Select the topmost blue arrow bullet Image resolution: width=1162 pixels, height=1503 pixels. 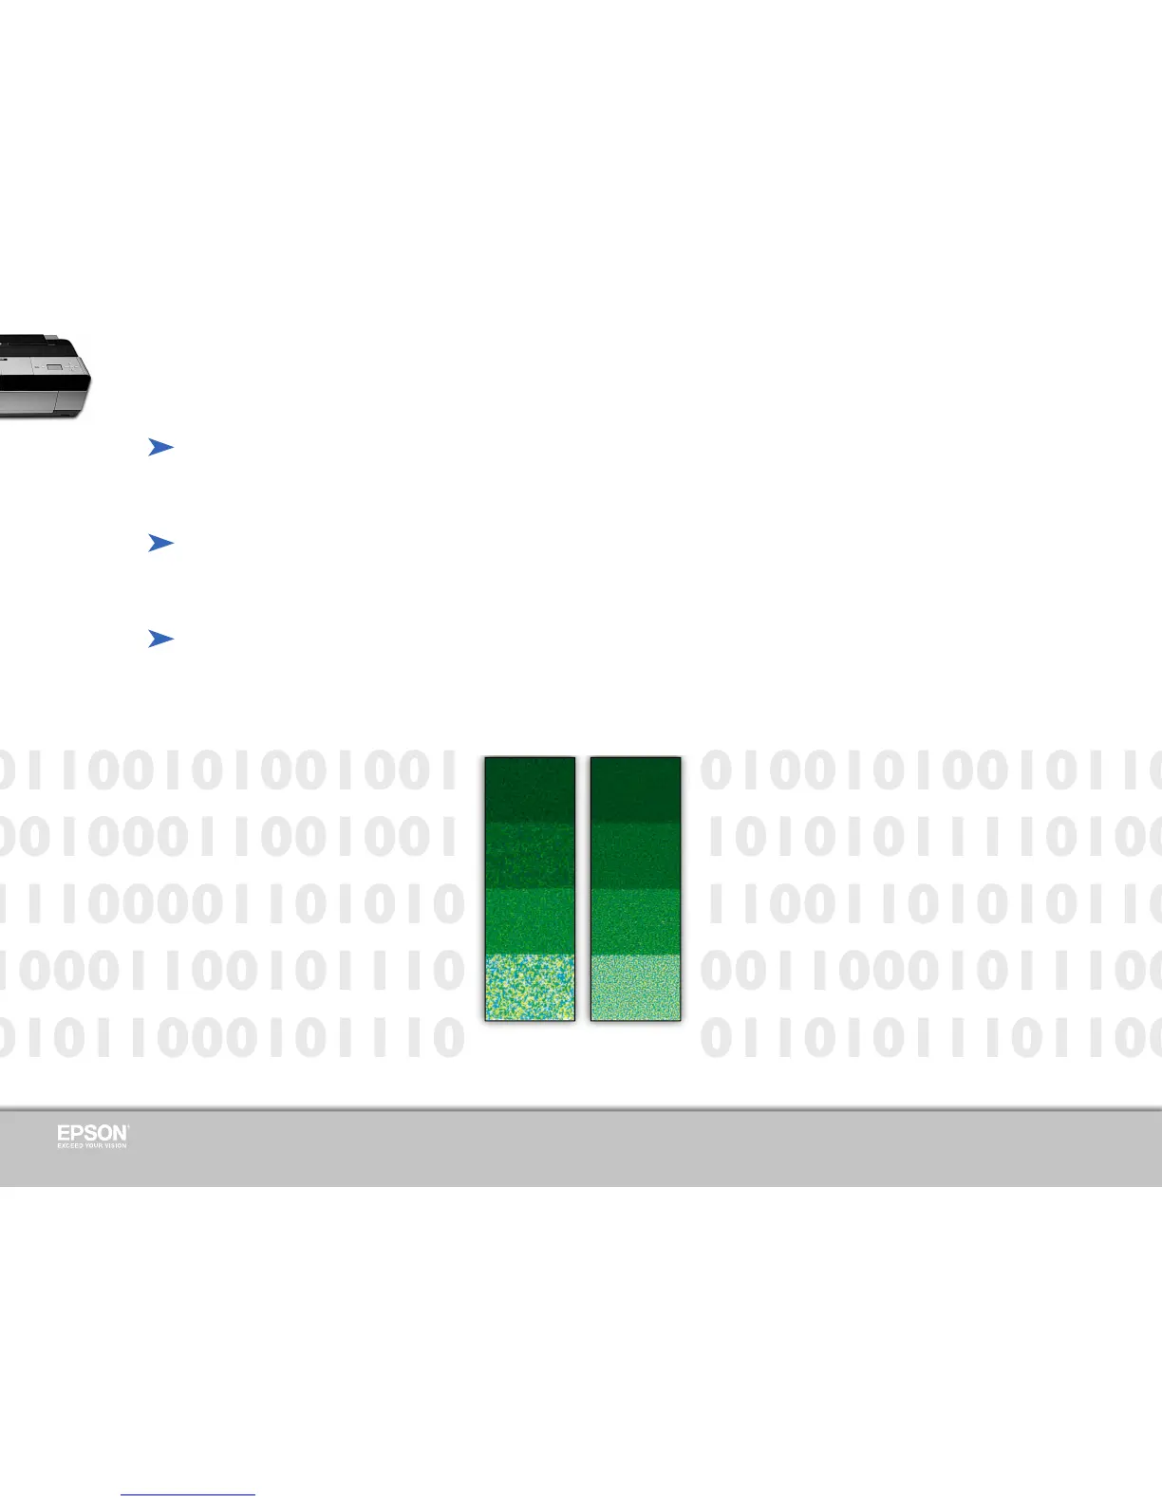pos(160,448)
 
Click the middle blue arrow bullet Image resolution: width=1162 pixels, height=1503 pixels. pos(160,543)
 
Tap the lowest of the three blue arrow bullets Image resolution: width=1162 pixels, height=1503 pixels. pos(160,640)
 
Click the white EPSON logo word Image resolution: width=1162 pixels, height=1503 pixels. pos(92,1133)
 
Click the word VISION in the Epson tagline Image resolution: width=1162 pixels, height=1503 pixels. pos(116,1145)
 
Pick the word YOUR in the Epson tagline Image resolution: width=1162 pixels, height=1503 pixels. pos(94,1145)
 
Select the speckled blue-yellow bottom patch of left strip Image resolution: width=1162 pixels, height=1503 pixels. pos(530,987)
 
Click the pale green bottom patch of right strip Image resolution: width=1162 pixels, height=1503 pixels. pos(635,987)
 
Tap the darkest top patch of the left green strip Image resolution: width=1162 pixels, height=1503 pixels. pos(530,789)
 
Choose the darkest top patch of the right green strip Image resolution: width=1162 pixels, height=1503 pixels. pos(635,789)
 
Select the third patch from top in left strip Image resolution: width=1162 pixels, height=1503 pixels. pos(530,920)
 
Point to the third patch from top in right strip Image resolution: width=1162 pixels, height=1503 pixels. pos(635,920)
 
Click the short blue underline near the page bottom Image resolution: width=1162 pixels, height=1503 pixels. pos(188,1495)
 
